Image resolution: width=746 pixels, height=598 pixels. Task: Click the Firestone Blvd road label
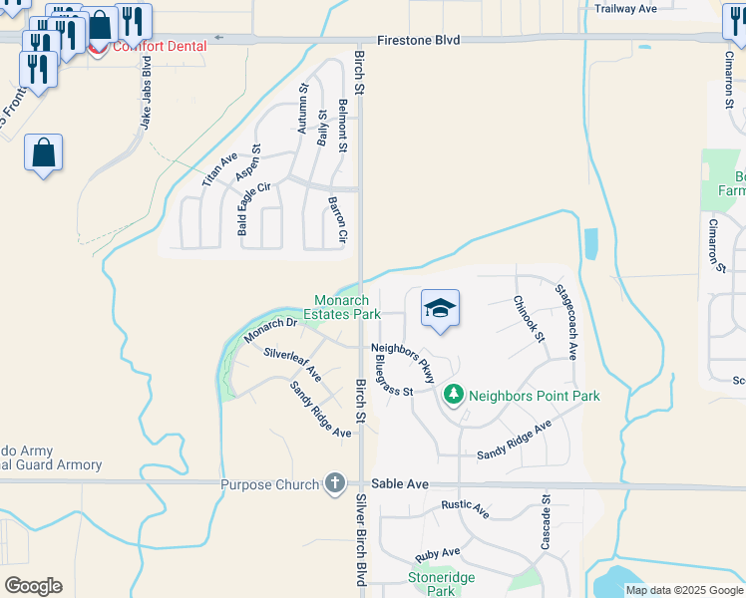coord(419,40)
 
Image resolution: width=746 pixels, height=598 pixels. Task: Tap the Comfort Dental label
coord(161,46)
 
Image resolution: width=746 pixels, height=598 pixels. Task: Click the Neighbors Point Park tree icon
coord(454,396)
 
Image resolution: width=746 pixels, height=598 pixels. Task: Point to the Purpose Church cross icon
coord(335,484)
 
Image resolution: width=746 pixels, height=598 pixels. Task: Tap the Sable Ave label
coord(399,484)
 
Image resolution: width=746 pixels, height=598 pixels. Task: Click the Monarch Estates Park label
coord(348,307)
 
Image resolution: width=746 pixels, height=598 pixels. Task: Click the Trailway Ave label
coord(625,8)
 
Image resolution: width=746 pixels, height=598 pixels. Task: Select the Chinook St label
coord(529,319)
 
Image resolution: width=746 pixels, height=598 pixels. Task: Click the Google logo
coord(33,586)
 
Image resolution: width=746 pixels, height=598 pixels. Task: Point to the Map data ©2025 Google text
coord(684,590)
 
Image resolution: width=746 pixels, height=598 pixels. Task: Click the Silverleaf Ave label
coord(292,365)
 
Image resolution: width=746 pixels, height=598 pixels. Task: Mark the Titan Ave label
coord(219,169)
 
